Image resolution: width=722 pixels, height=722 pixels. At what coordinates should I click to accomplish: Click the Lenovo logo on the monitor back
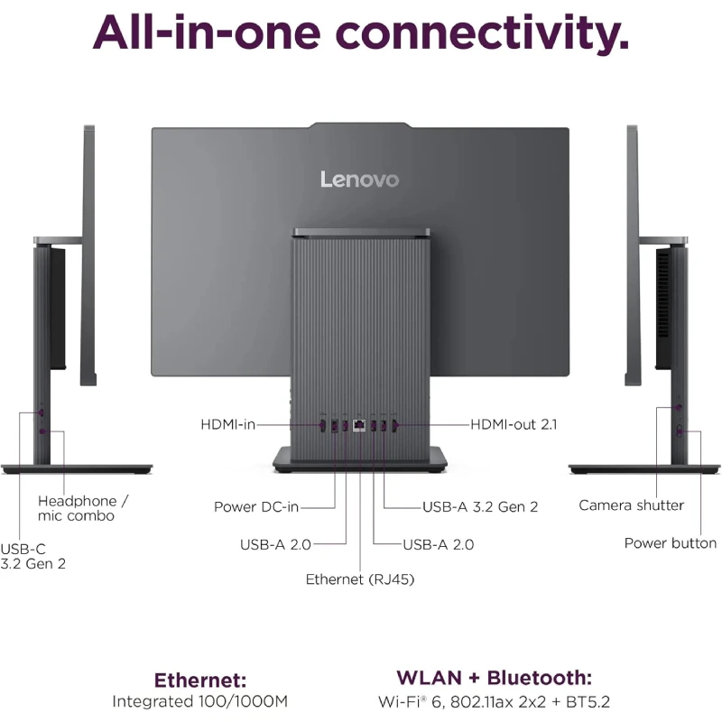pos(359,179)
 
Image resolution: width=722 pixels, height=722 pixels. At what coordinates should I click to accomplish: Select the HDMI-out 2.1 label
pos(514,424)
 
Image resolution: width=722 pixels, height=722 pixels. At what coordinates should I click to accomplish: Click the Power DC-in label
pos(256,506)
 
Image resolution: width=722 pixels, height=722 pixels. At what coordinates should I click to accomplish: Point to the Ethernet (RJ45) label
pos(360,579)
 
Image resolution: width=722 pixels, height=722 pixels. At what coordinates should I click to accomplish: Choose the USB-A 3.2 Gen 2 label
pos(480,506)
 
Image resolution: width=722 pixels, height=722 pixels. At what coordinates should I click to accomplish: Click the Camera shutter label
pos(632,505)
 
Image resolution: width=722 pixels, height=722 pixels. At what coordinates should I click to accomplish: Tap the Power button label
pos(671,543)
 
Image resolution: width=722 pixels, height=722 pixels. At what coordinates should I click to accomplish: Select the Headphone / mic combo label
pos(83,508)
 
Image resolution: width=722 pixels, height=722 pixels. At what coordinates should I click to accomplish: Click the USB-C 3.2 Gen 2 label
pos(33,556)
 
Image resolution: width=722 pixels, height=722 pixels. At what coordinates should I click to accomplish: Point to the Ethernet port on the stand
pos(360,424)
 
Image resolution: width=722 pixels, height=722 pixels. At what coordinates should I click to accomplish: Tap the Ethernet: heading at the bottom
pos(200,680)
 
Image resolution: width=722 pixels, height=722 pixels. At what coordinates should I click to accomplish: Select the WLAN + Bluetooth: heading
pos(495,678)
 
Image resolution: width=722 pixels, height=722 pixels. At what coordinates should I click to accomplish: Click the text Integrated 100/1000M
pos(200,701)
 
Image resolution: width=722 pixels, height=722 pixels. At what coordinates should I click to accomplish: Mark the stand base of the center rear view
pos(360,460)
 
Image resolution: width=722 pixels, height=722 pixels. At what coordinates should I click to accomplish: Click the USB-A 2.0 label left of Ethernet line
pos(274,544)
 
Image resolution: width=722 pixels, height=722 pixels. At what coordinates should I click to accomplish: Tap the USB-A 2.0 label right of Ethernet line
pos(438,544)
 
